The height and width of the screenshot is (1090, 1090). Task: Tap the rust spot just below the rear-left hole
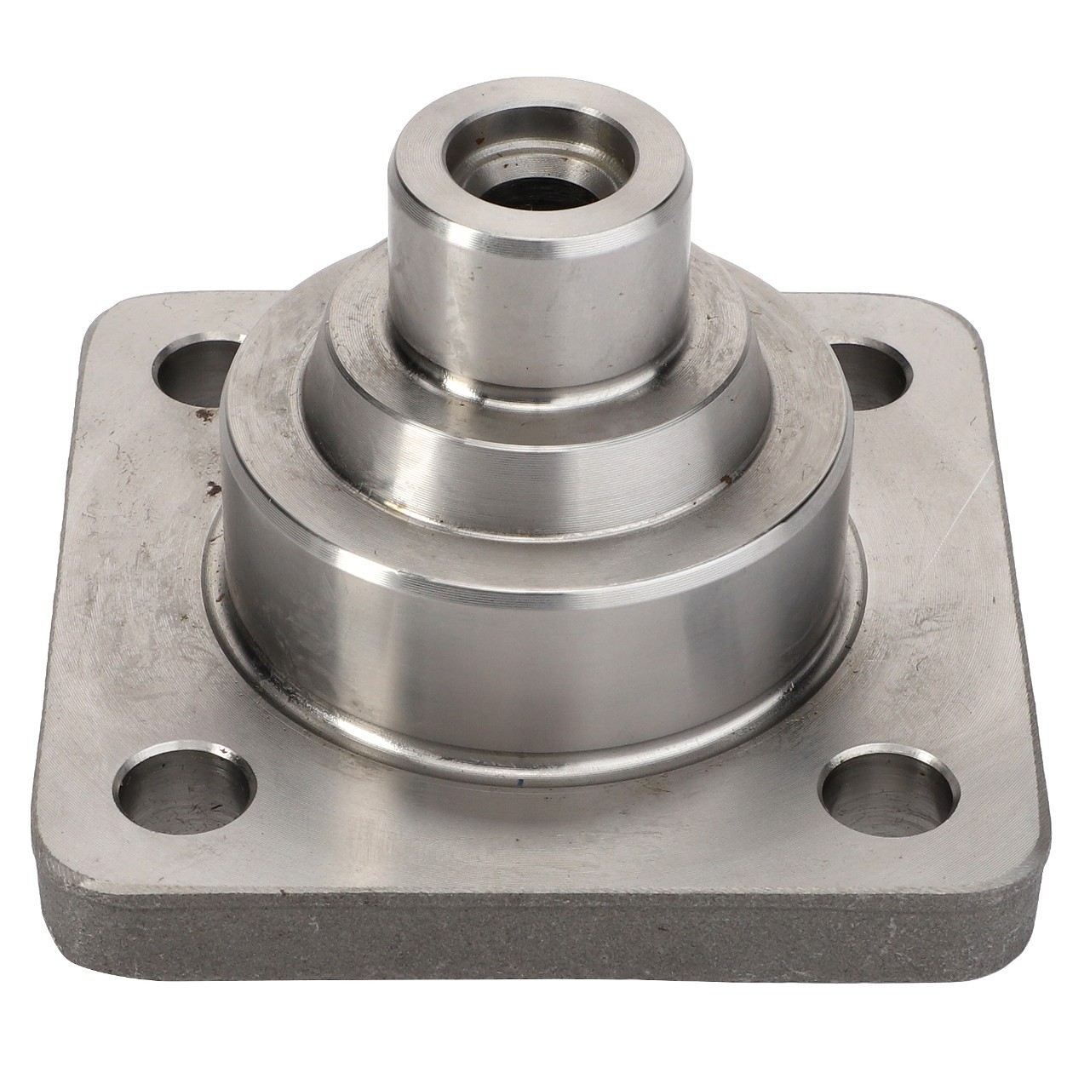203,415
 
